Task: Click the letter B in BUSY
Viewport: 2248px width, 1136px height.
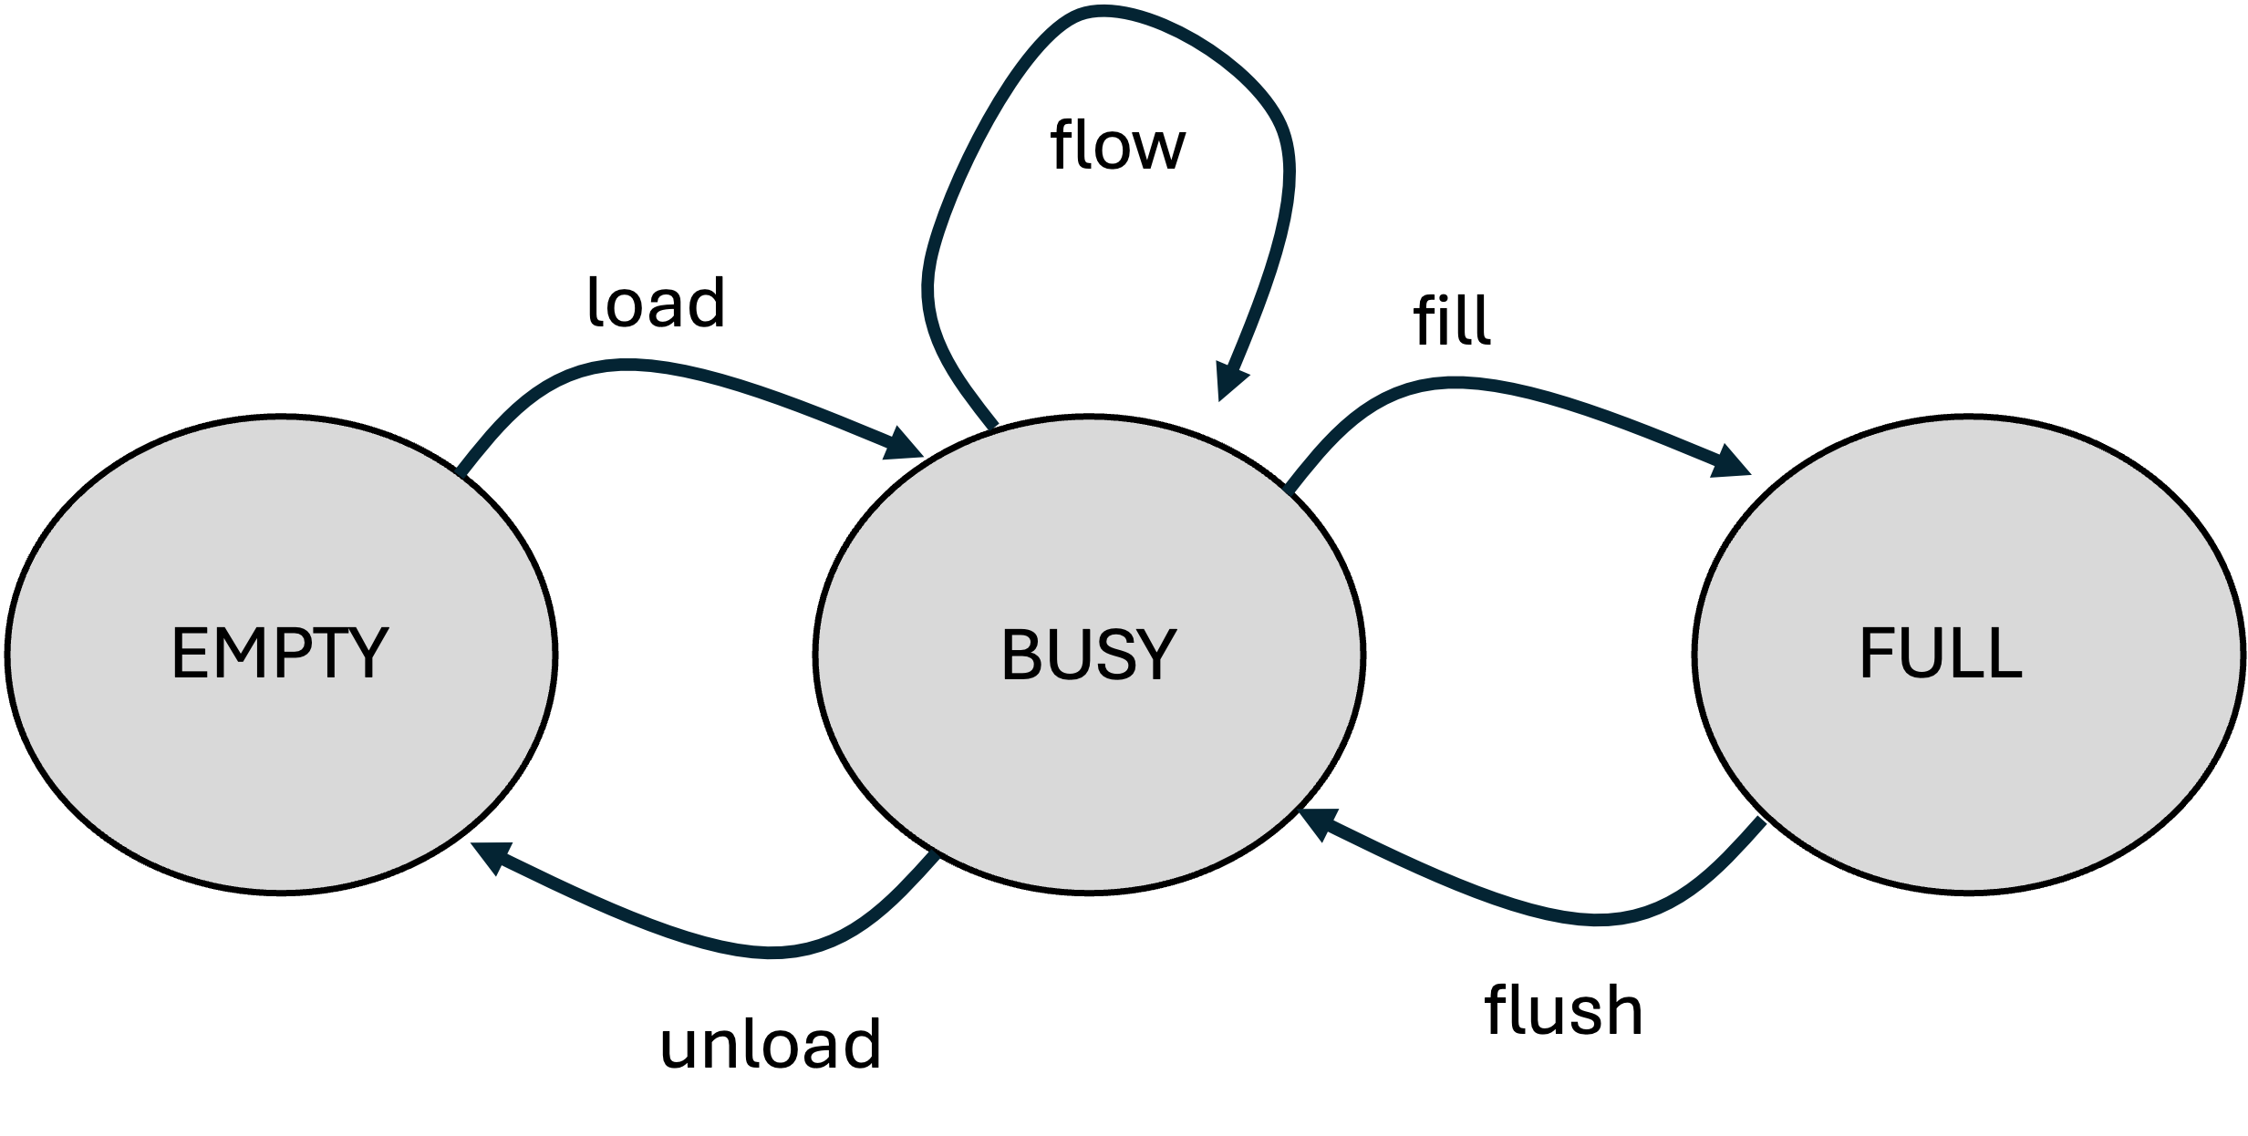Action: click(x=1021, y=655)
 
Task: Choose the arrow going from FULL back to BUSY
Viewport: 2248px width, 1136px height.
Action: click(x=1587, y=919)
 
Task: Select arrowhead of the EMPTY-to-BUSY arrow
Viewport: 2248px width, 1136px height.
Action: click(x=903, y=445)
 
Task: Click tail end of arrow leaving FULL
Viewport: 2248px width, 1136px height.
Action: click(x=1760, y=826)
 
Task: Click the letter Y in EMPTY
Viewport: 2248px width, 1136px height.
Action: click(x=369, y=654)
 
